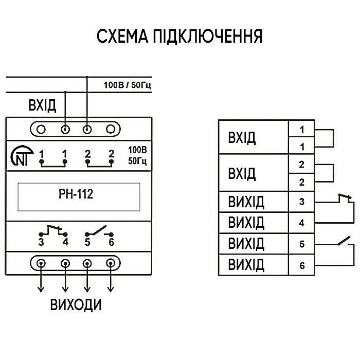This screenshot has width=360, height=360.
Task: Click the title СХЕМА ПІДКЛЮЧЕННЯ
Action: pos(180,37)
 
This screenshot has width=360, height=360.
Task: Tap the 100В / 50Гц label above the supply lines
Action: pos(127,85)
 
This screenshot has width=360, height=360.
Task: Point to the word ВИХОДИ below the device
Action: pos(76,304)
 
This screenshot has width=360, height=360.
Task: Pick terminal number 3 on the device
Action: pos(41,240)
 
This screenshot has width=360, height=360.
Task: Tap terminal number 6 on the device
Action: pos(111,240)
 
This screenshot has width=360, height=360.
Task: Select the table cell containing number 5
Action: pos(302,244)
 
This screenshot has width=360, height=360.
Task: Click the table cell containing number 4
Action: pos(302,223)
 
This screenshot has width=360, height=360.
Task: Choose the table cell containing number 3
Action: pos(302,202)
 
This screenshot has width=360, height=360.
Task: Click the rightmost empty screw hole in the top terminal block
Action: pos(110,129)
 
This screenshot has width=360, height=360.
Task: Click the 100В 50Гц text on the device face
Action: pos(137,155)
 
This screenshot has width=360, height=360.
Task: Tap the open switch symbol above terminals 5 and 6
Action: pos(99,230)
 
